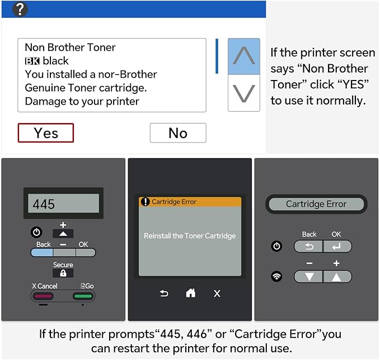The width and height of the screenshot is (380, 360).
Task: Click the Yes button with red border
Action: point(45,132)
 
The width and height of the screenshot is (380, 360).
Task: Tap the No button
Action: point(178,133)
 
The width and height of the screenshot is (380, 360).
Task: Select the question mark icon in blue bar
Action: point(20,9)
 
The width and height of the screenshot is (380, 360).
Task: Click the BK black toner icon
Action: point(32,61)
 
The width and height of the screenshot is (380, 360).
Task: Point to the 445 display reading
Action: point(44,204)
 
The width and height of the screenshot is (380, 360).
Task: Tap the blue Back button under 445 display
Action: point(41,253)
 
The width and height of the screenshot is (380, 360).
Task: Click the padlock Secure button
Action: point(63,273)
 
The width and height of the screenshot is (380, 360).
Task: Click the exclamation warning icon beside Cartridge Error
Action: point(145,201)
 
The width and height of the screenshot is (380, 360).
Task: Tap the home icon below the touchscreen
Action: point(190,293)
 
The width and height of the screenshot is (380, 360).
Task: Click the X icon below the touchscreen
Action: point(217,293)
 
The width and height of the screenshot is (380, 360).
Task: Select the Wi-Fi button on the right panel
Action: point(276,276)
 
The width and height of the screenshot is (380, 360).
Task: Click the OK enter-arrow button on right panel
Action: point(337,247)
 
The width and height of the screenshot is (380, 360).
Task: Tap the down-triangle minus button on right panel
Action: point(308,277)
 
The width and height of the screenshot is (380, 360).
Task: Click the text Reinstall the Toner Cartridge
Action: point(190,235)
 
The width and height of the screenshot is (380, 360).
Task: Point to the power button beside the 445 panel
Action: point(36,232)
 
